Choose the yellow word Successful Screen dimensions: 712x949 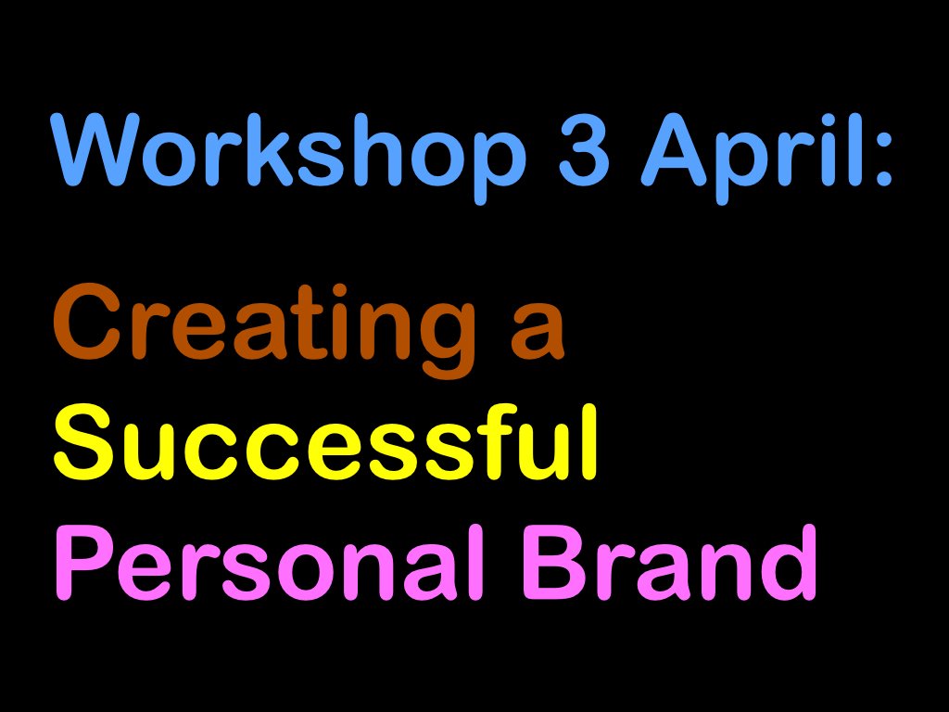(x=324, y=445)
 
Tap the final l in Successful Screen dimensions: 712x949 (x=589, y=443)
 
